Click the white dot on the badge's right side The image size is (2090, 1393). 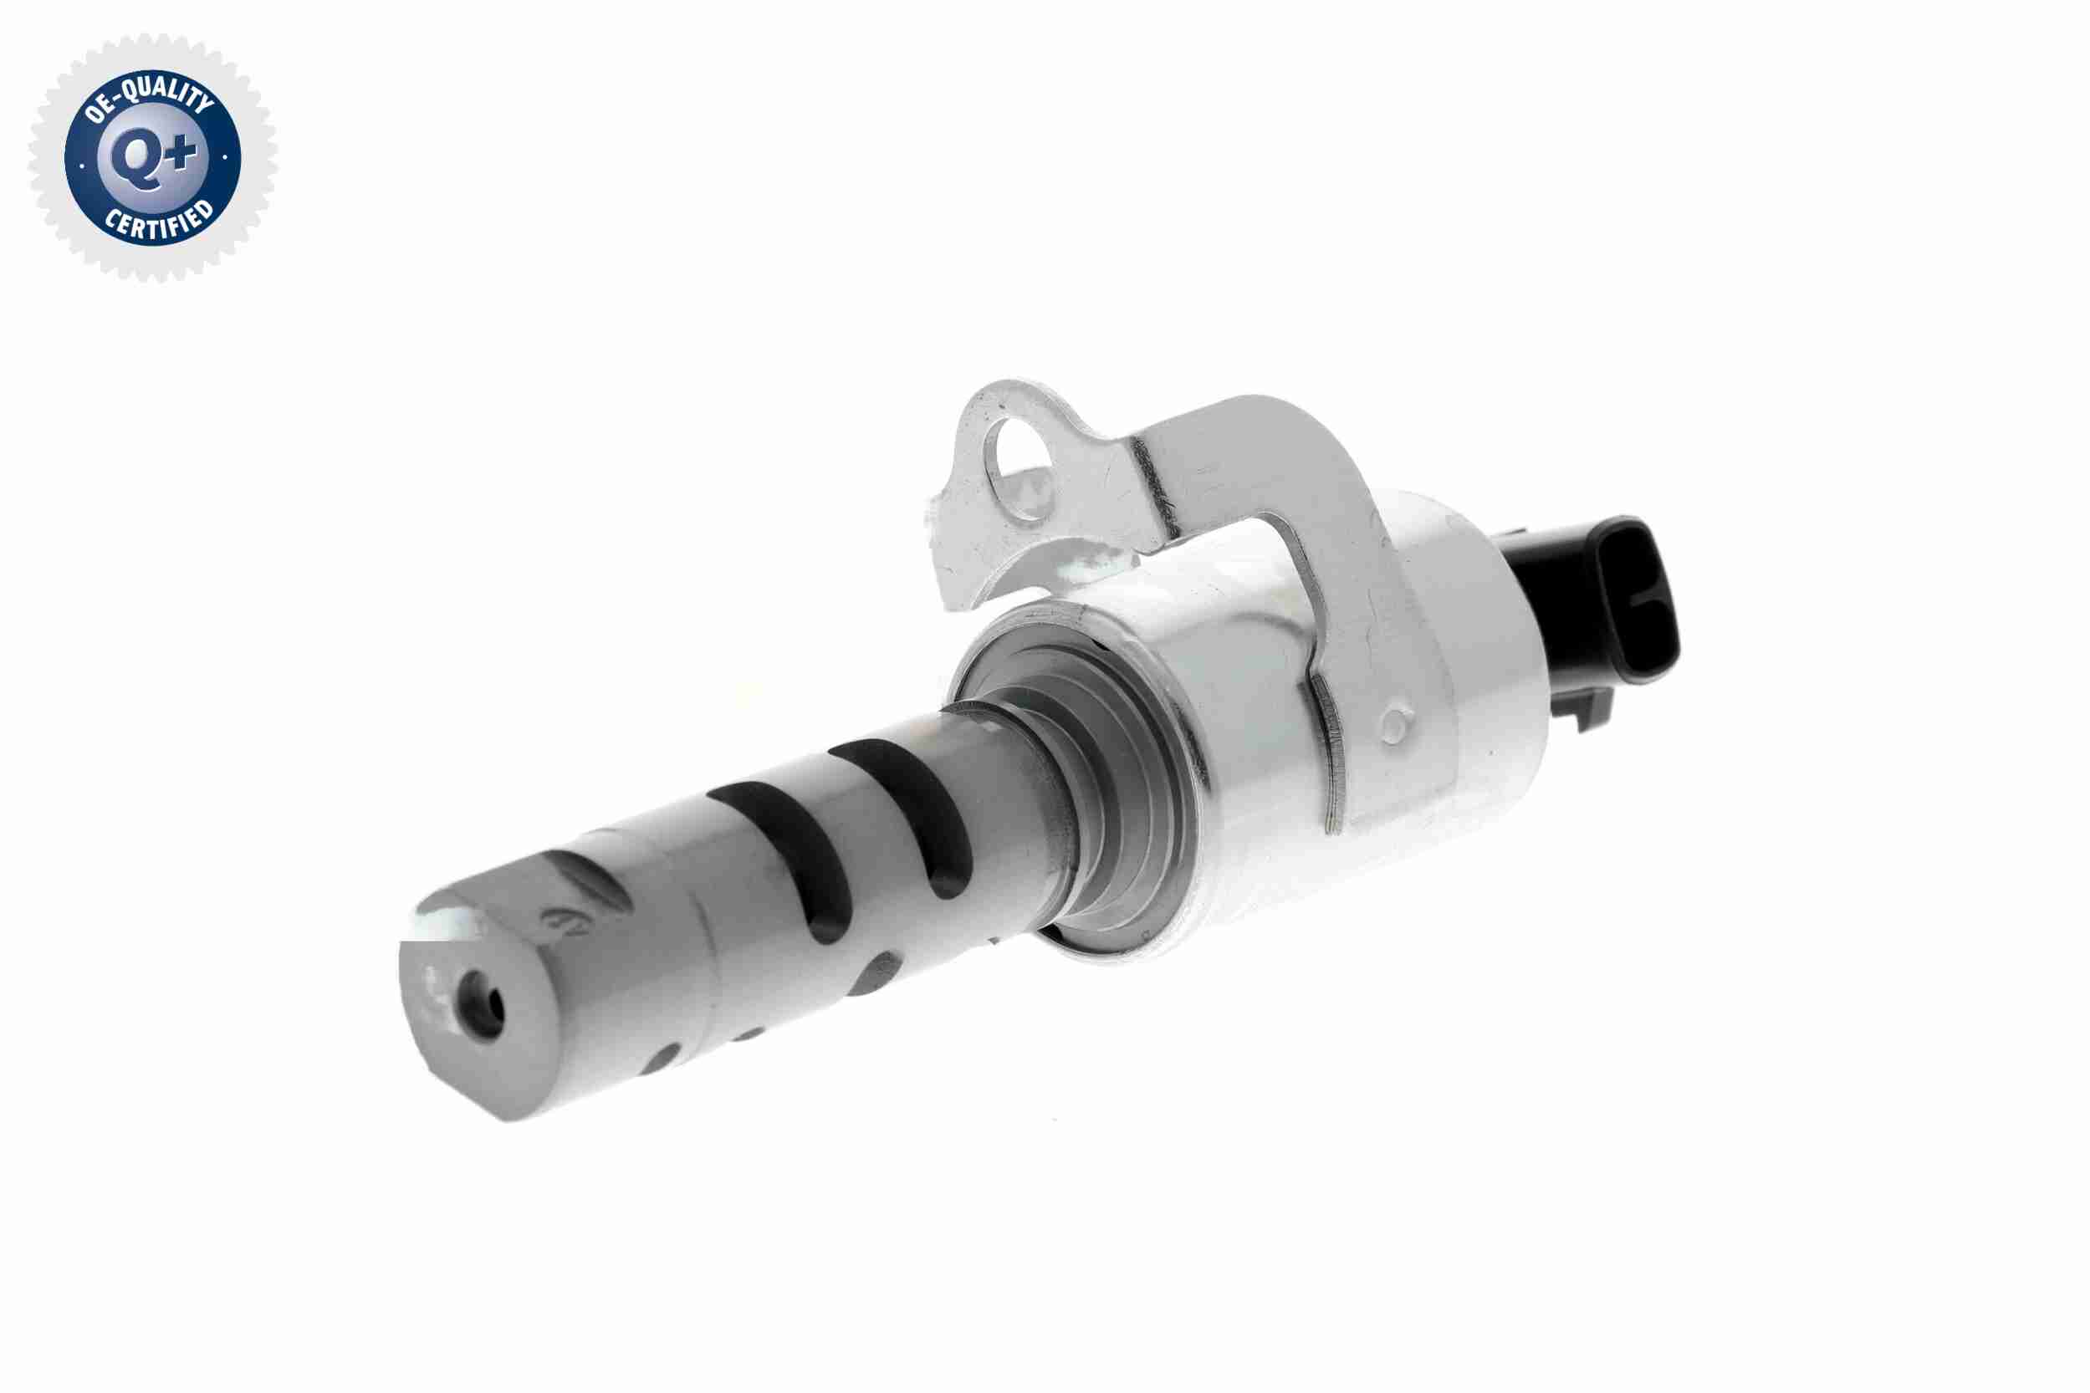tap(225, 158)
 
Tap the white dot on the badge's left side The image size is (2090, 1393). tap(82, 165)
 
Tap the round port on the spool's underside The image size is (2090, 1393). tap(876, 972)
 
